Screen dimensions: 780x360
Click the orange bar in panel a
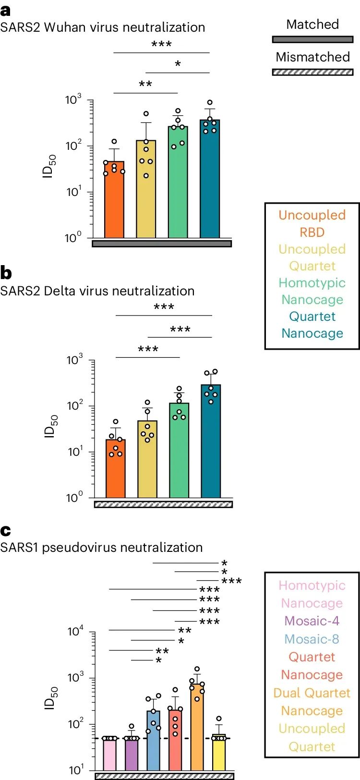(114, 202)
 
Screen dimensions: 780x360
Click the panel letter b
(6, 273)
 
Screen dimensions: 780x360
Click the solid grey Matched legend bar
(312, 39)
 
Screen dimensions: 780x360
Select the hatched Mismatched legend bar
(312, 72)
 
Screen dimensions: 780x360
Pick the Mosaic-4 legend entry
(312, 621)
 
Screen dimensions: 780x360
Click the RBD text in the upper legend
(312, 232)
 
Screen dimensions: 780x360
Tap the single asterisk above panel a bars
(178, 64)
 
